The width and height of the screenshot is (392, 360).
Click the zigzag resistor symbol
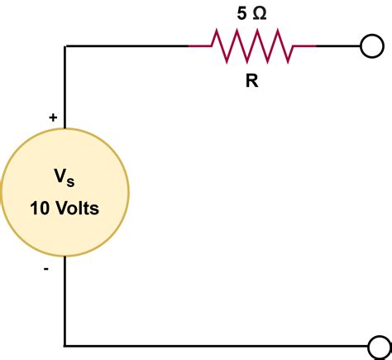(252, 46)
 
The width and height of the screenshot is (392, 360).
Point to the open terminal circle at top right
(371, 46)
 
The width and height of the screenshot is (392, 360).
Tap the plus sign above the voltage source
(53, 118)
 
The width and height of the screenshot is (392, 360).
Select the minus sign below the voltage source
(46, 269)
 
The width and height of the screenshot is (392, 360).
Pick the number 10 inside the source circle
(40, 209)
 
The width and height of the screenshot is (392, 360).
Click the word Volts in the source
(77, 209)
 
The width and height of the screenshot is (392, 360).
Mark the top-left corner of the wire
(65, 46)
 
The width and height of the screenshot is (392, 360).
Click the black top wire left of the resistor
(124, 46)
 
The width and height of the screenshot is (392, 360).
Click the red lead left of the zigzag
(200, 46)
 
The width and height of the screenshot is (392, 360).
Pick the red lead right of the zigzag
(304, 46)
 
